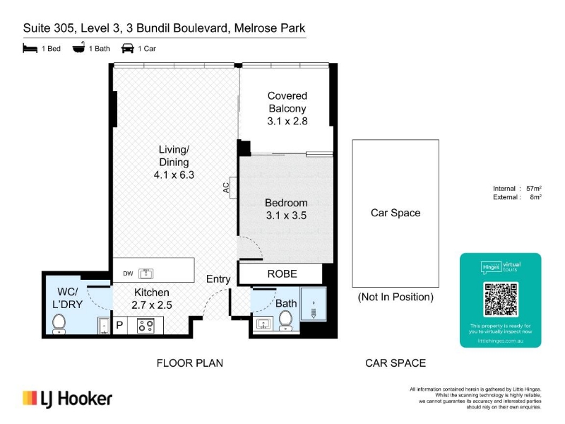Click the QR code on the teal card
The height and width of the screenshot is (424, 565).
[x=501, y=300]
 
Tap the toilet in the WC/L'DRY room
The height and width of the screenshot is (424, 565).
[x=59, y=324]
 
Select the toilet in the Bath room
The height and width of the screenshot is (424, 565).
[x=286, y=321]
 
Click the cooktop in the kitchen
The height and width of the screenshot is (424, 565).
[x=145, y=326]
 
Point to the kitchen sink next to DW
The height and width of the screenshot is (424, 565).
[x=146, y=273]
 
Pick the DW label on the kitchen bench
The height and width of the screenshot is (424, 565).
[x=128, y=273]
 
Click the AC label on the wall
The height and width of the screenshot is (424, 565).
[x=226, y=187]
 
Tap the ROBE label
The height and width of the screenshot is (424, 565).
[x=282, y=273]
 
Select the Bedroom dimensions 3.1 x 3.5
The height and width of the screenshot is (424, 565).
[x=286, y=216]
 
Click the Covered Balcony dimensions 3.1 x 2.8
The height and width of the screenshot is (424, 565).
[x=287, y=121]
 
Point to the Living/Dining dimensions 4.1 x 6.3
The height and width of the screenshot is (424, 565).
[x=174, y=175]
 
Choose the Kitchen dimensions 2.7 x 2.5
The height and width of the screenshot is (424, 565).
[x=152, y=305]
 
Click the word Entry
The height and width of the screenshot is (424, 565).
[x=218, y=279]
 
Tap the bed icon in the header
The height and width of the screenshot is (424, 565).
[x=30, y=48]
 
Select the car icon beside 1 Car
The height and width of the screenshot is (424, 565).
[x=128, y=48]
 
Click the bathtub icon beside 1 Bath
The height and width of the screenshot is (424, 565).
[x=78, y=47]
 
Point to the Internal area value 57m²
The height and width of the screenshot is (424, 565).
[x=534, y=188]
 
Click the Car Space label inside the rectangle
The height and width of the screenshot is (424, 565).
[x=395, y=213]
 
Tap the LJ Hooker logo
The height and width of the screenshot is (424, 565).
[x=67, y=399]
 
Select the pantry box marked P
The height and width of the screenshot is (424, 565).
[x=119, y=326]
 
